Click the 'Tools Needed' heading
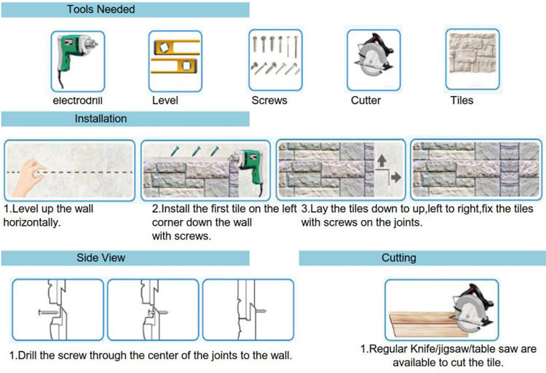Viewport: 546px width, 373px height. tap(100, 9)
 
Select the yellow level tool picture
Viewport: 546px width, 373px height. tap(175, 57)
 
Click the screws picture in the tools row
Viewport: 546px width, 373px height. tap(275, 55)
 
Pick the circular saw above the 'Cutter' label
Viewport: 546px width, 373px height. tap(373, 55)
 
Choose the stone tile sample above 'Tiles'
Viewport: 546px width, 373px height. tap(472, 53)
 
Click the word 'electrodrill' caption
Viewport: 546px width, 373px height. tap(78, 101)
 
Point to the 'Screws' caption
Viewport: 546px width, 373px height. tap(269, 101)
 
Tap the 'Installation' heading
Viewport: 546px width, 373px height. tap(100, 119)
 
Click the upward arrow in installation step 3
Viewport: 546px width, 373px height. tap(381, 161)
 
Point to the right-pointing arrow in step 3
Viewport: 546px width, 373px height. tap(396, 178)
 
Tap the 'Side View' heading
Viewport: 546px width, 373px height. tap(100, 258)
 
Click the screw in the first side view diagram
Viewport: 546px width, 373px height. tap(48, 313)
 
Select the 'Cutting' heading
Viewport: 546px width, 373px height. tap(399, 258)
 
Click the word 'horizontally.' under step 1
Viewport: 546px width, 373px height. tap(32, 222)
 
